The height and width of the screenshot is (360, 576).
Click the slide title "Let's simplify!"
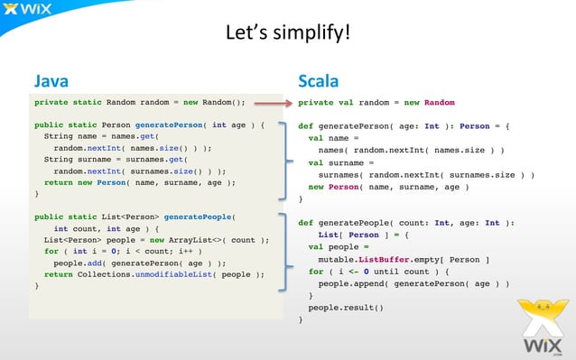pyautogui.click(x=287, y=34)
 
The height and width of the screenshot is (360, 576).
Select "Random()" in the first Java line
pyautogui.click(x=224, y=103)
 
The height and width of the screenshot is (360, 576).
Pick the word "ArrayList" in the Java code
pyautogui.click(x=205, y=240)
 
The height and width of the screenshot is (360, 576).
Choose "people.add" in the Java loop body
pyautogui.click(x=76, y=263)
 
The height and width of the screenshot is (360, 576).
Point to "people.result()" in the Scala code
pyautogui.click(x=346, y=307)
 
